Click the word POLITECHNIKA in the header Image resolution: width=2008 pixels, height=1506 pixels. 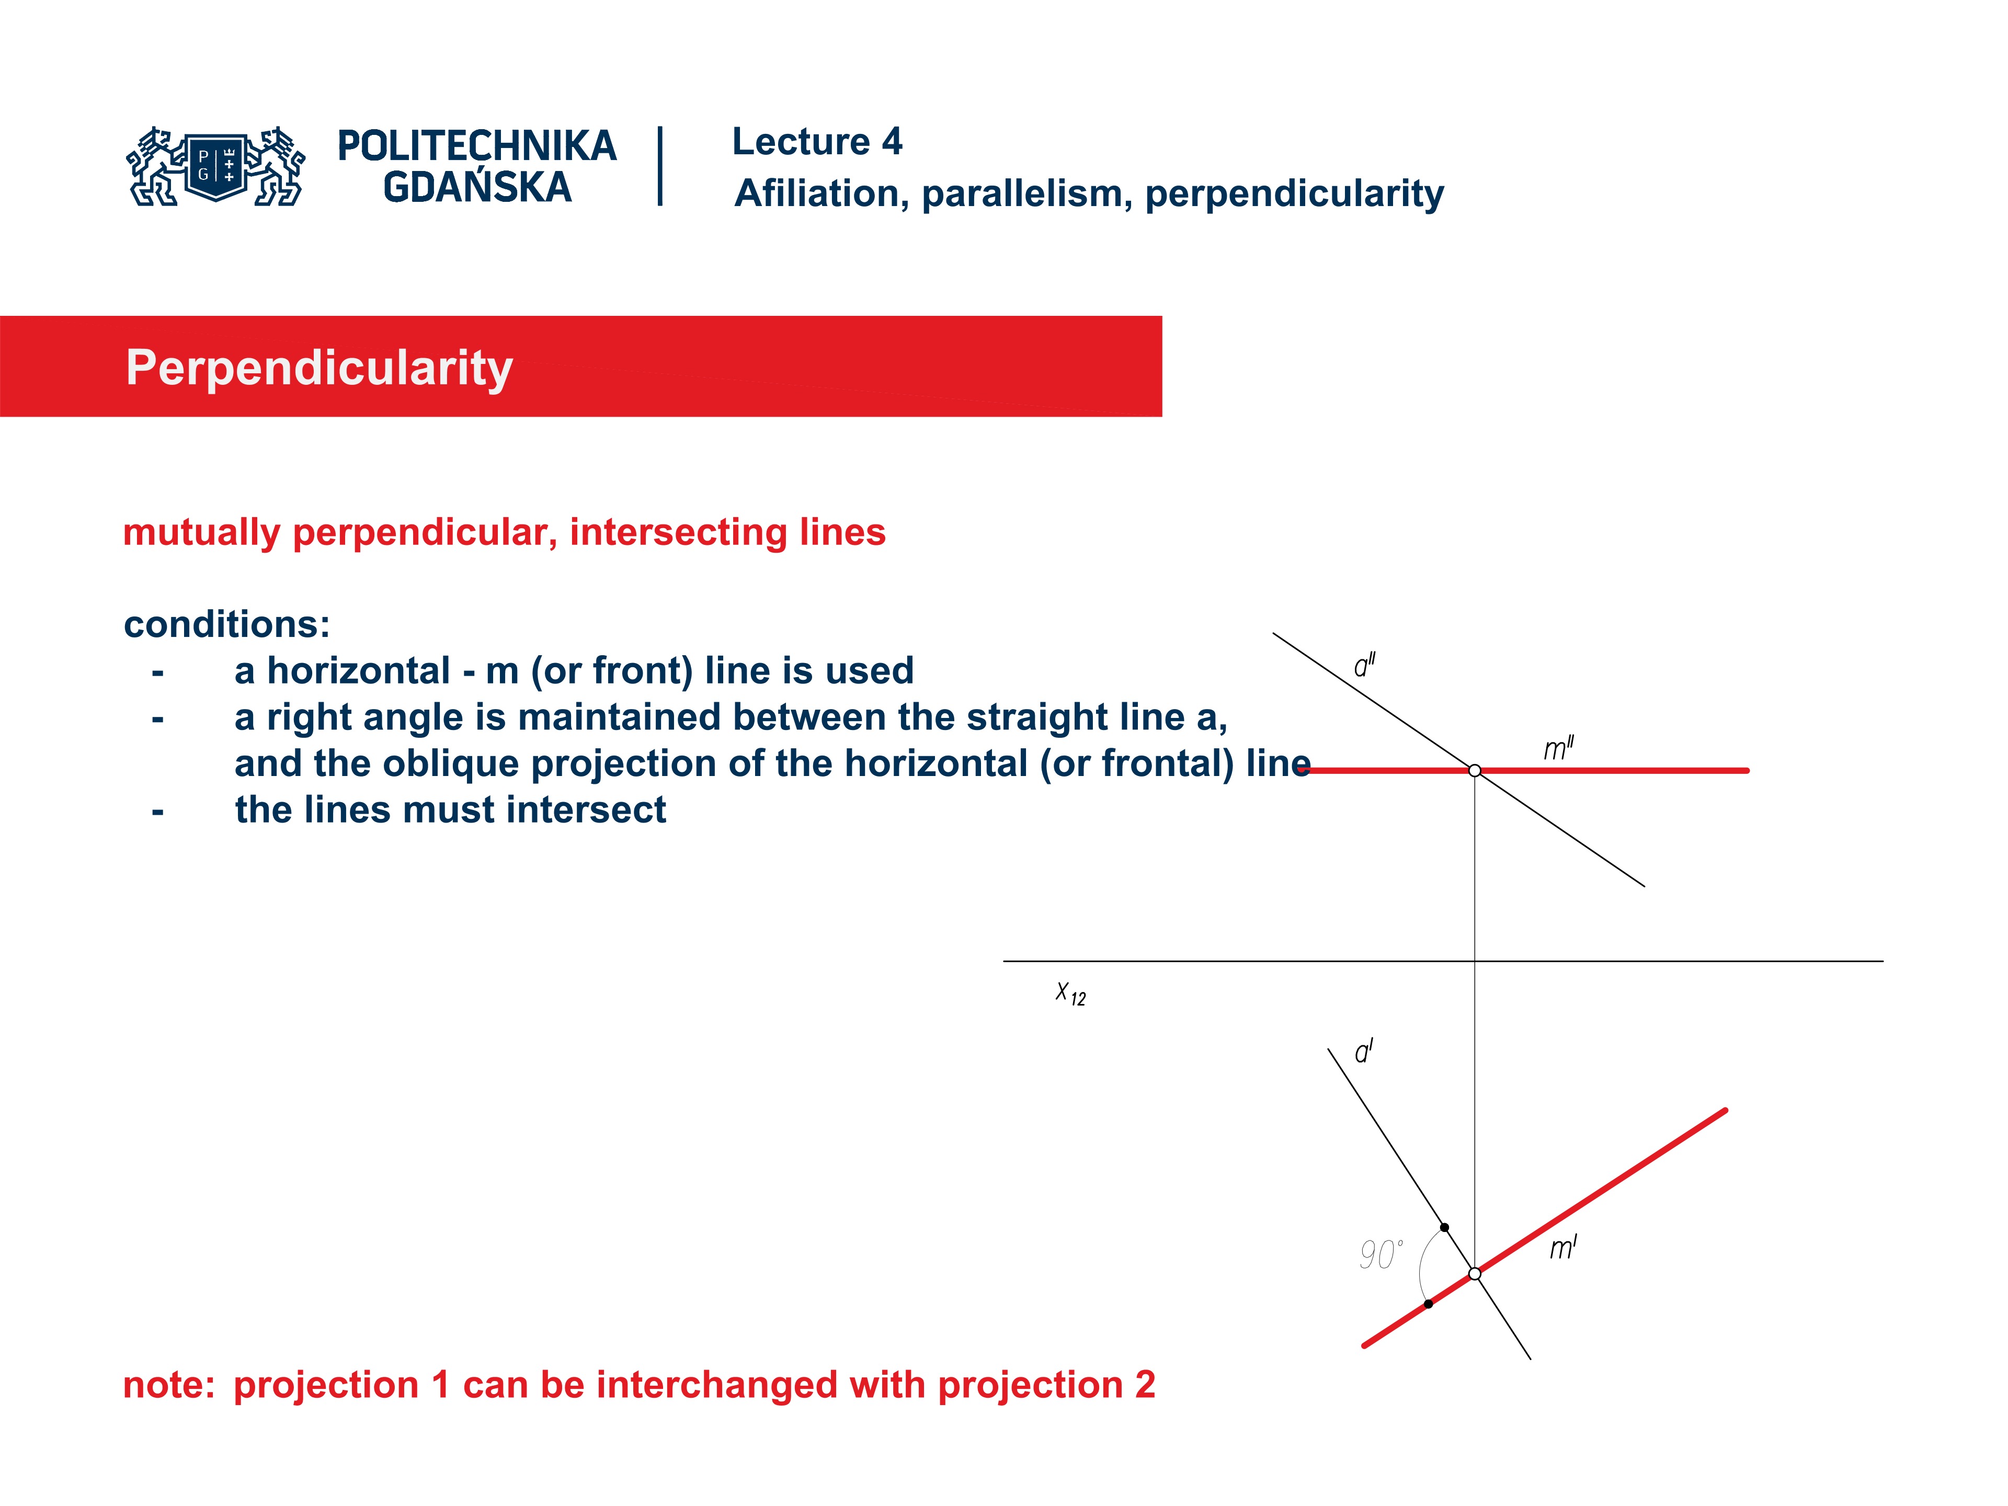tap(476, 146)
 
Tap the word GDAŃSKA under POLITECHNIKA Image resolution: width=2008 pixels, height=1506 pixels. tap(476, 188)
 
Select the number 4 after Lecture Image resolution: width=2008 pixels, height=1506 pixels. tap(892, 142)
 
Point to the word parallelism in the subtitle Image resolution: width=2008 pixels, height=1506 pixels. tap(1026, 193)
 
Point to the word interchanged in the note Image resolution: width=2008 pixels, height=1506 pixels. tap(716, 1385)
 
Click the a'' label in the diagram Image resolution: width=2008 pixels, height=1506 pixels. tap(1363, 665)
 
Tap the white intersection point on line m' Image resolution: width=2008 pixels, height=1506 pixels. tap(1474, 1274)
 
